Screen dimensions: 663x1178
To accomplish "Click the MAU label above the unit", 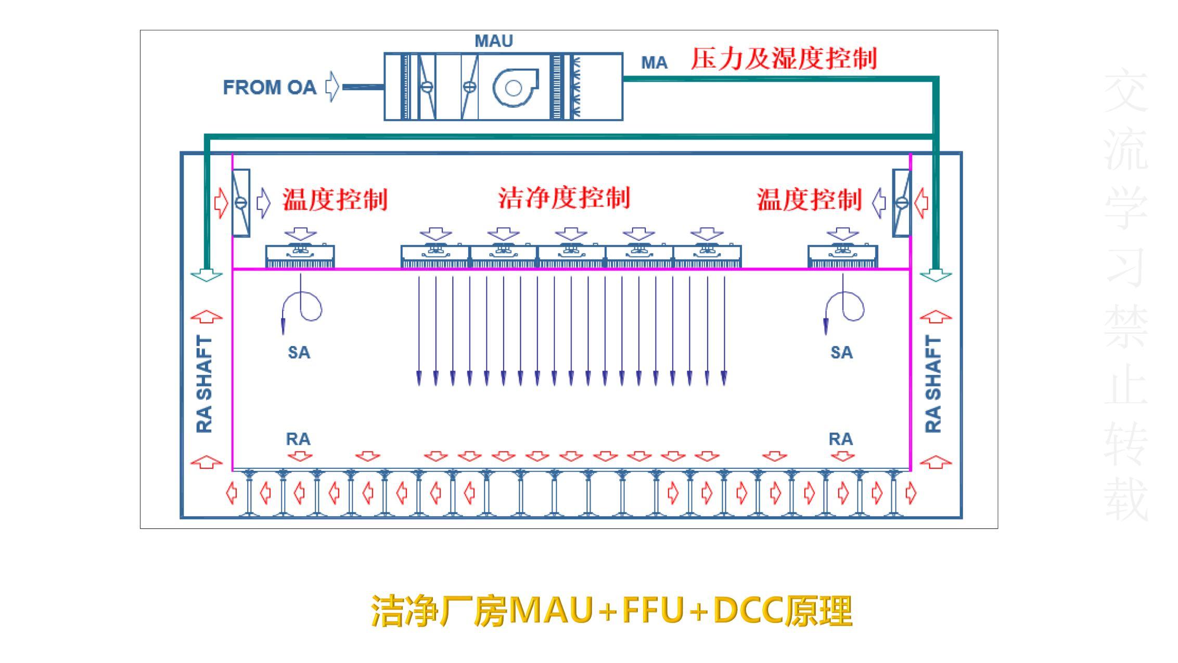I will click(x=493, y=41).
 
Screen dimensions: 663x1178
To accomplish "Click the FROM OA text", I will click(x=270, y=87).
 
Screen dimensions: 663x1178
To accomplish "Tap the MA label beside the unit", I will click(x=654, y=63).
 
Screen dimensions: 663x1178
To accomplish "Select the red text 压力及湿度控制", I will click(x=784, y=58).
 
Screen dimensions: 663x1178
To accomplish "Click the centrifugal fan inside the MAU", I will click(x=514, y=87).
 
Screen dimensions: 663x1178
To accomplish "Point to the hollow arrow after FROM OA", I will click(x=332, y=87).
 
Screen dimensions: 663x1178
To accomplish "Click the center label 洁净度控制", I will click(x=564, y=198).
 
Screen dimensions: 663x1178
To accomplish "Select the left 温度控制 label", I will click(x=335, y=200).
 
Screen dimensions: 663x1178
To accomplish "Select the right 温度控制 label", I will click(x=809, y=200).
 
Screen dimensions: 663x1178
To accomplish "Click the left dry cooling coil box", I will click(x=241, y=203).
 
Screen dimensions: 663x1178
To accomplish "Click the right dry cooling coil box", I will click(x=902, y=203).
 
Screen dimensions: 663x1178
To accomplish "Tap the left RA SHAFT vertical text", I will click(x=204, y=384).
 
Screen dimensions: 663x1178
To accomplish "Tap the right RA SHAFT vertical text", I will click(x=933, y=384).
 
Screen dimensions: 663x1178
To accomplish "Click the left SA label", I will click(x=299, y=353).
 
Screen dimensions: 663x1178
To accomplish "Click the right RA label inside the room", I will click(x=840, y=439).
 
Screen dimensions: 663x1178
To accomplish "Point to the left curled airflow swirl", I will click(x=303, y=307).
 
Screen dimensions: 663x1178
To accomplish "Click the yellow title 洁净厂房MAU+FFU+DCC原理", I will click(x=612, y=611).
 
